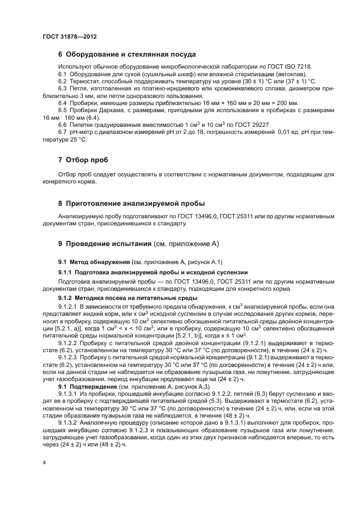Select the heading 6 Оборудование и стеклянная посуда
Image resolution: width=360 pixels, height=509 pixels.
point(126,54)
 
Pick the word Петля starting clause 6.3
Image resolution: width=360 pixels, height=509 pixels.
point(79,88)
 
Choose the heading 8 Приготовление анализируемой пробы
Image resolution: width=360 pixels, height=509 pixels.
point(131,203)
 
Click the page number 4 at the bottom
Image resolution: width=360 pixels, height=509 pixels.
point(44,462)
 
